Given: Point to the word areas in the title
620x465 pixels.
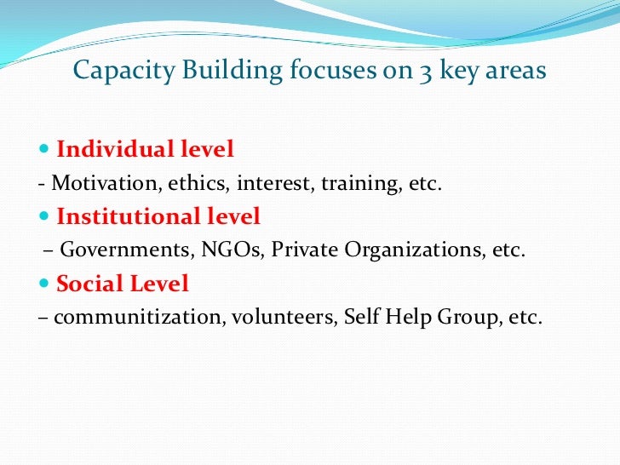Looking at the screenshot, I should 514,71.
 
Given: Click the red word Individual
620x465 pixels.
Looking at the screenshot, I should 117,150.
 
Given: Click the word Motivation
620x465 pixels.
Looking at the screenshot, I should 94,183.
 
